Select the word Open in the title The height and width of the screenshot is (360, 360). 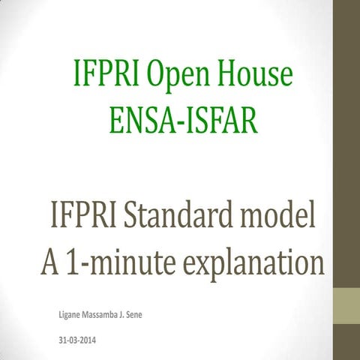(178, 74)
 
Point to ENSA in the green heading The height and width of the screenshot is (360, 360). (138, 118)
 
